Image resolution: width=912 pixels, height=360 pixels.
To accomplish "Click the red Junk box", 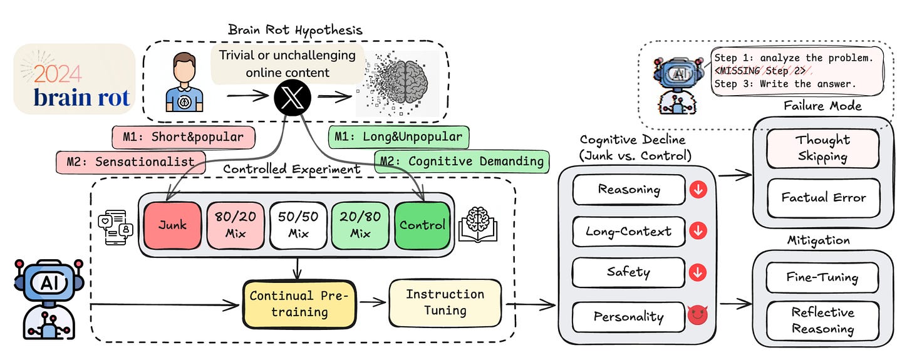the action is (x=173, y=225).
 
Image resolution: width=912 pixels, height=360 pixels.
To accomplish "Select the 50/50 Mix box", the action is (x=298, y=225).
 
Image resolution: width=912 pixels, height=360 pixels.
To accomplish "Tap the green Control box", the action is (x=423, y=225).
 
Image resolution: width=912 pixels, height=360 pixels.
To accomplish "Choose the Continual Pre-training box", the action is (x=299, y=304).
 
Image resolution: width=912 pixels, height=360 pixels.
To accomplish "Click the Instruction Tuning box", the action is (x=445, y=302).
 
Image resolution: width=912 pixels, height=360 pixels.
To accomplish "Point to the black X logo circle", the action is (x=293, y=98).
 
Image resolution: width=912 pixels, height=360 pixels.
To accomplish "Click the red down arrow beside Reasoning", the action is (x=698, y=190).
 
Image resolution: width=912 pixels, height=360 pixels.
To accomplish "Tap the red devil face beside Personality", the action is (x=698, y=315).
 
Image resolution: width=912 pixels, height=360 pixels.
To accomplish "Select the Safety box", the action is (x=629, y=272).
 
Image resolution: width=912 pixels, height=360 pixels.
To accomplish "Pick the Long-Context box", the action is (x=629, y=232).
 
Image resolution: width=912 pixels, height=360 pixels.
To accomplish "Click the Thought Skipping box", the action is (x=823, y=148).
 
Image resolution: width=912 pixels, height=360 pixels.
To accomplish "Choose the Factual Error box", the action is (x=823, y=198).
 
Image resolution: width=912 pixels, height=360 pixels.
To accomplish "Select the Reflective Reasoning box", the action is (x=822, y=321).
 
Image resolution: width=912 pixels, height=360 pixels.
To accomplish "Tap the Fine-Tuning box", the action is (x=822, y=277).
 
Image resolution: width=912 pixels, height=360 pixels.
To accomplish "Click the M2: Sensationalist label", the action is (x=131, y=162).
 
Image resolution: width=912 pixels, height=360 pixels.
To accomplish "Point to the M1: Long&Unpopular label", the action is (x=398, y=137).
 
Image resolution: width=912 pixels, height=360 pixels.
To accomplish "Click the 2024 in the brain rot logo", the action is (x=58, y=73).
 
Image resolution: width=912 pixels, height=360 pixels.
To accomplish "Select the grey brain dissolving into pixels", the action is (x=397, y=83).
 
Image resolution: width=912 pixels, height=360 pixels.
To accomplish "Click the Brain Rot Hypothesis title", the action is (x=295, y=29).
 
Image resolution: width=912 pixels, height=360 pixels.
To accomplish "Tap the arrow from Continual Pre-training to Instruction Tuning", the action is (x=373, y=302).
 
